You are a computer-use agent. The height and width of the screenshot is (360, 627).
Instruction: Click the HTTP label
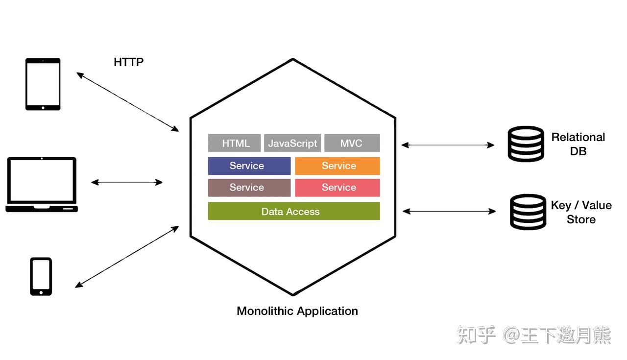click(128, 62)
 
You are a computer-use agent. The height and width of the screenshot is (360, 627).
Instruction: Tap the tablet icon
click(43, 84)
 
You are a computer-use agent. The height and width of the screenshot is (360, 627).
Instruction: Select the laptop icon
click(42, 185)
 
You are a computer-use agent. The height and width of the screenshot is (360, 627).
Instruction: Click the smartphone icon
click(41, 277)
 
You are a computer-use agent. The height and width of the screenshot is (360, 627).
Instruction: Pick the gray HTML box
click(234, 143)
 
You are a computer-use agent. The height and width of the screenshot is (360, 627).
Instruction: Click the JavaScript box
click(292, 143)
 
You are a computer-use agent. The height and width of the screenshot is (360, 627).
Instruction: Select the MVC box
click(352, 143)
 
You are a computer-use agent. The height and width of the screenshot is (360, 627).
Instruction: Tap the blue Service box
click(249, 166)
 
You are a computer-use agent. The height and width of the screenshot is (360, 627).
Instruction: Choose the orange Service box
click(338, 166)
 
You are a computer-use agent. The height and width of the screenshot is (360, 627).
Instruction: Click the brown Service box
click(249, 188)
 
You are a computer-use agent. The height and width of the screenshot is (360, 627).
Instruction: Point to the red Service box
click(338, 188)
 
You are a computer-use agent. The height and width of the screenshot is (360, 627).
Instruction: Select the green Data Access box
click(294, 211)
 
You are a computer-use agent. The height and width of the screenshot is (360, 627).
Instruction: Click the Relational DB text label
click(578, 144)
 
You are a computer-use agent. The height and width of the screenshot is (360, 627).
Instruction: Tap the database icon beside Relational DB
click(526, 144)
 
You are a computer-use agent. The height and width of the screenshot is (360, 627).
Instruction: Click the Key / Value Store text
click(581, 212)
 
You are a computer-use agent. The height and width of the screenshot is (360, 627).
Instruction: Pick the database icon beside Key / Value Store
click(528, 212)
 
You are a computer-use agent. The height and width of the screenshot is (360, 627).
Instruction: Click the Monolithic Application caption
click(297, 311)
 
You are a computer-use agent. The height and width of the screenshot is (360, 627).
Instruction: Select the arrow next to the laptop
click(127, 183)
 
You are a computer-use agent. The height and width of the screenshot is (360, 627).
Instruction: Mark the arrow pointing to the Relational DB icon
click(448, 145)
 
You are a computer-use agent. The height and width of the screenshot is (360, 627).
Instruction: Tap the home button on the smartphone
click(41, 292)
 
